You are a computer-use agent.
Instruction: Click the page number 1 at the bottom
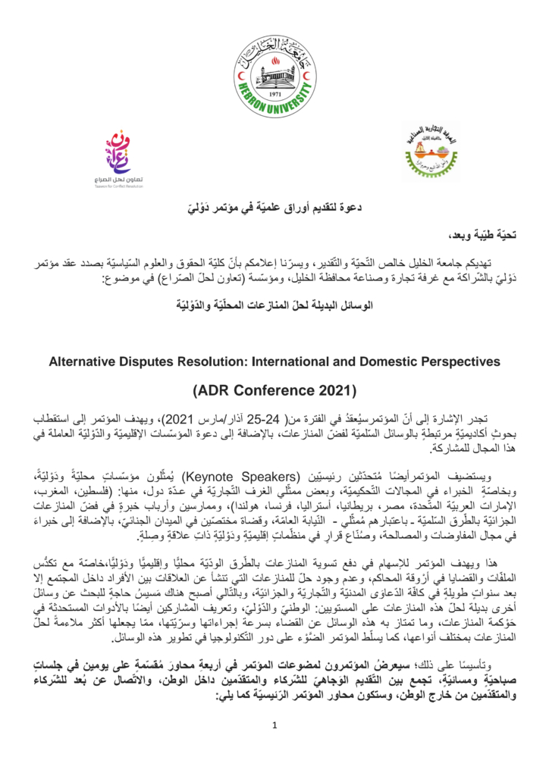(x=275, y=724)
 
